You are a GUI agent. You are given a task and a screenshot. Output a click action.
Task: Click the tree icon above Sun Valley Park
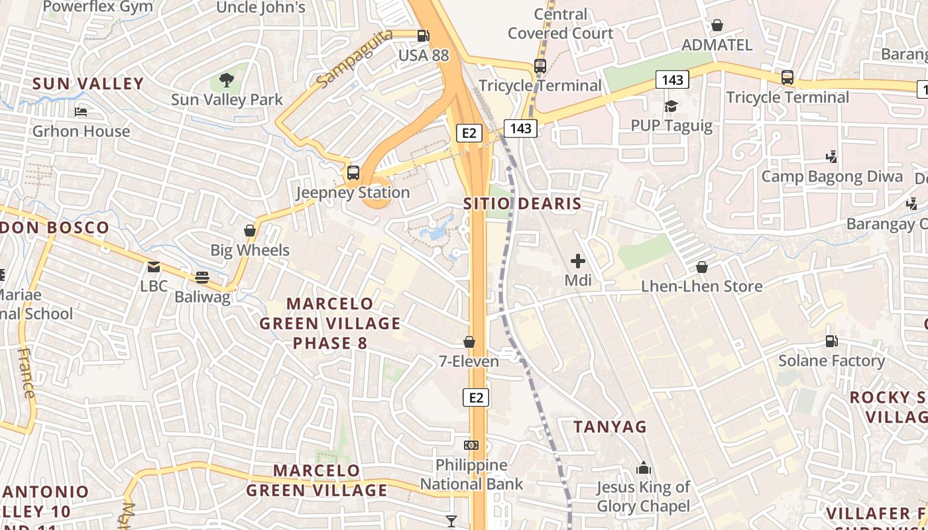[x=227, y=80]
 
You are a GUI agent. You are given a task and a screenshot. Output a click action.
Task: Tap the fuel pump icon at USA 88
[x=423, y=36]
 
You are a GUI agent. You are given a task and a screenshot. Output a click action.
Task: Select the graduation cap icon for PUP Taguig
[x=671, y=106]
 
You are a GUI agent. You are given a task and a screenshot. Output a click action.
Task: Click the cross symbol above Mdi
[x=578, y=261]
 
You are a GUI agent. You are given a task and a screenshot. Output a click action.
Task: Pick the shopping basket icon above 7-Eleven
[x=469, y=342]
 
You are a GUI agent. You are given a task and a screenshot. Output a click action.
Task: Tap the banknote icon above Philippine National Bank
[x=471, y=445]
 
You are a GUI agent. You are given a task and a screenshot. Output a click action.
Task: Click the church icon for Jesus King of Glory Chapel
[x=643, y=468]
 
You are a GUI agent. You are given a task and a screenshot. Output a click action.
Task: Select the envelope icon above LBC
[x=154, y=267]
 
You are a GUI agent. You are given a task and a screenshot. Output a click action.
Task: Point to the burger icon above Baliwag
[x=202, y=278]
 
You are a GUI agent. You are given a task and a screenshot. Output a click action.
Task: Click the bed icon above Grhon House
[x=81, y=111]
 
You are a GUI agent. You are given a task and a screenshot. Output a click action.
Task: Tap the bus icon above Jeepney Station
[x=353, y=173]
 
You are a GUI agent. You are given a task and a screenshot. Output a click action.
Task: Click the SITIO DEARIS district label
[x=522, y=204]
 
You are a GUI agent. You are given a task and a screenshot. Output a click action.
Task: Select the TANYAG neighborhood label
[x=610, y=427]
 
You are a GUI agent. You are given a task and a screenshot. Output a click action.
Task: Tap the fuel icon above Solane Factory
[x=831, y=341]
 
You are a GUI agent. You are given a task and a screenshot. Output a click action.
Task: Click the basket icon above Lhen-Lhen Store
[x=702, y=267]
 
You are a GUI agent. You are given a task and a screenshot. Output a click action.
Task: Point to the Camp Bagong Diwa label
[x=832, y=176]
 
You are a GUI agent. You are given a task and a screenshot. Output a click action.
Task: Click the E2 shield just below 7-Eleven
[x=475, y=397]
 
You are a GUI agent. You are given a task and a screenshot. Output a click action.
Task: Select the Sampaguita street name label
[x=354, y=58]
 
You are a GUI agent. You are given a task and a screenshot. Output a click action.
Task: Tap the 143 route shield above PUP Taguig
[x=672, y=80]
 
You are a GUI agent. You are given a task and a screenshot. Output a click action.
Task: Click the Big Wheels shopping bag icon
[x=250, y=231]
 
